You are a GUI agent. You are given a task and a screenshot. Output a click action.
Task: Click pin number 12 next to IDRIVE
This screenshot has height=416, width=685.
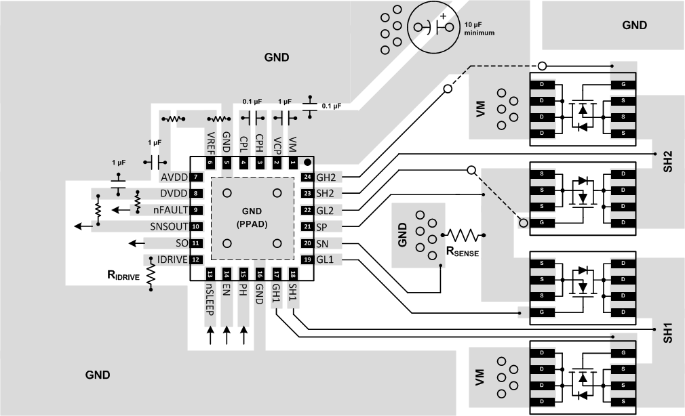tap(195, 259)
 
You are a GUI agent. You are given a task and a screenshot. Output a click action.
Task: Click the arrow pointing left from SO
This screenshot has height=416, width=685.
tap(136, 243)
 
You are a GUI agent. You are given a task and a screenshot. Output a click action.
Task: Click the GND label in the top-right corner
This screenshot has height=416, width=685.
tap(634, 25)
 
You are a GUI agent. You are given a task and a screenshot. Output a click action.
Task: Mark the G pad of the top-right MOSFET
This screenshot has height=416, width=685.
tap(623, 85)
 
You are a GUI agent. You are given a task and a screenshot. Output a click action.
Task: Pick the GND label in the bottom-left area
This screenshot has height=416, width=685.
tap(98, 375)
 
